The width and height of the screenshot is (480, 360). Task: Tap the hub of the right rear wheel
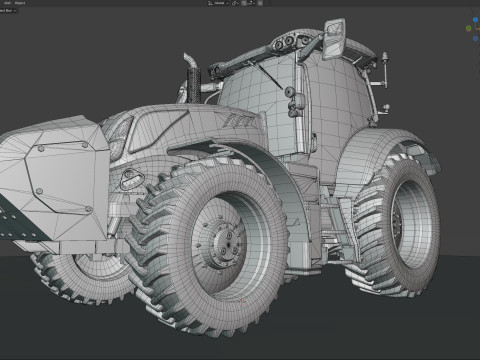tap(403, 222)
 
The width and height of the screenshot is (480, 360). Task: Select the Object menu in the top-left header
tap(20, 4)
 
